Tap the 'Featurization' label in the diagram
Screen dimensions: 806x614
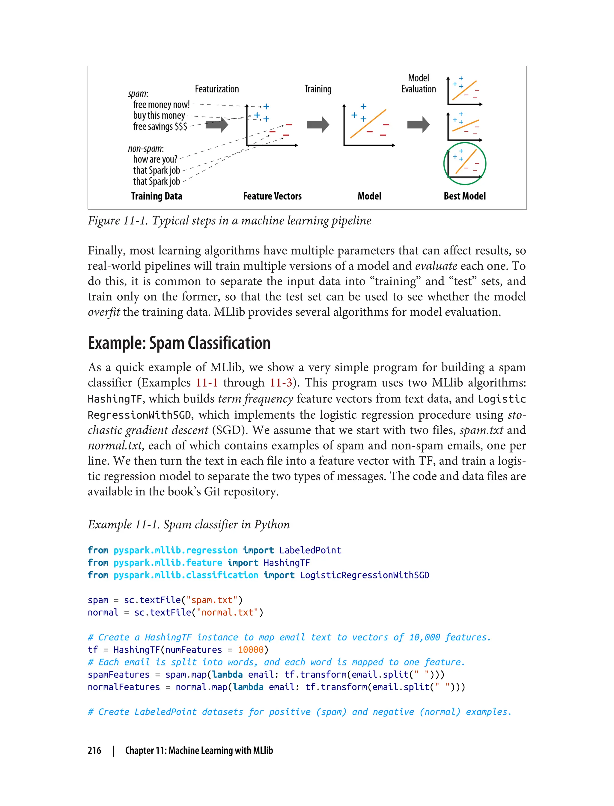tap(217, 89)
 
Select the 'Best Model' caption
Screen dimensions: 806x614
tap(464, 196)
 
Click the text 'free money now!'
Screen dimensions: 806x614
tap(161, 105)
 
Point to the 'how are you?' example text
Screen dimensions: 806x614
tap(155, 160)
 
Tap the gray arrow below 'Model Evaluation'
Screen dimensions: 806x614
tap(418, 125)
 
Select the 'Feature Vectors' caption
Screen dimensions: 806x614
tap(272, 196)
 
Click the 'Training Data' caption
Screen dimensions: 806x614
tap(157, 196)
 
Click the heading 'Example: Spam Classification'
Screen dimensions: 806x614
tap(179, 343)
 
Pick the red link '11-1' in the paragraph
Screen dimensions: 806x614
tap(207, 383)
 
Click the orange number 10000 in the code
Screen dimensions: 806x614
tap(250, 649)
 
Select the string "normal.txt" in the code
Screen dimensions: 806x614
tap(228, 612)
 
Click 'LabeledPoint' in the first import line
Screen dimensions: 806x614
tap(310, 550)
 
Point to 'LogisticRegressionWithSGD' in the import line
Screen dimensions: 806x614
tap(364, 575)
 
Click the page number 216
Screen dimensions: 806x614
tap(94, 751)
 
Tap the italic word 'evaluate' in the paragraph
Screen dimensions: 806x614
tap(436, 266)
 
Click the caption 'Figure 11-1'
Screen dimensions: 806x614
tap(118, 221)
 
